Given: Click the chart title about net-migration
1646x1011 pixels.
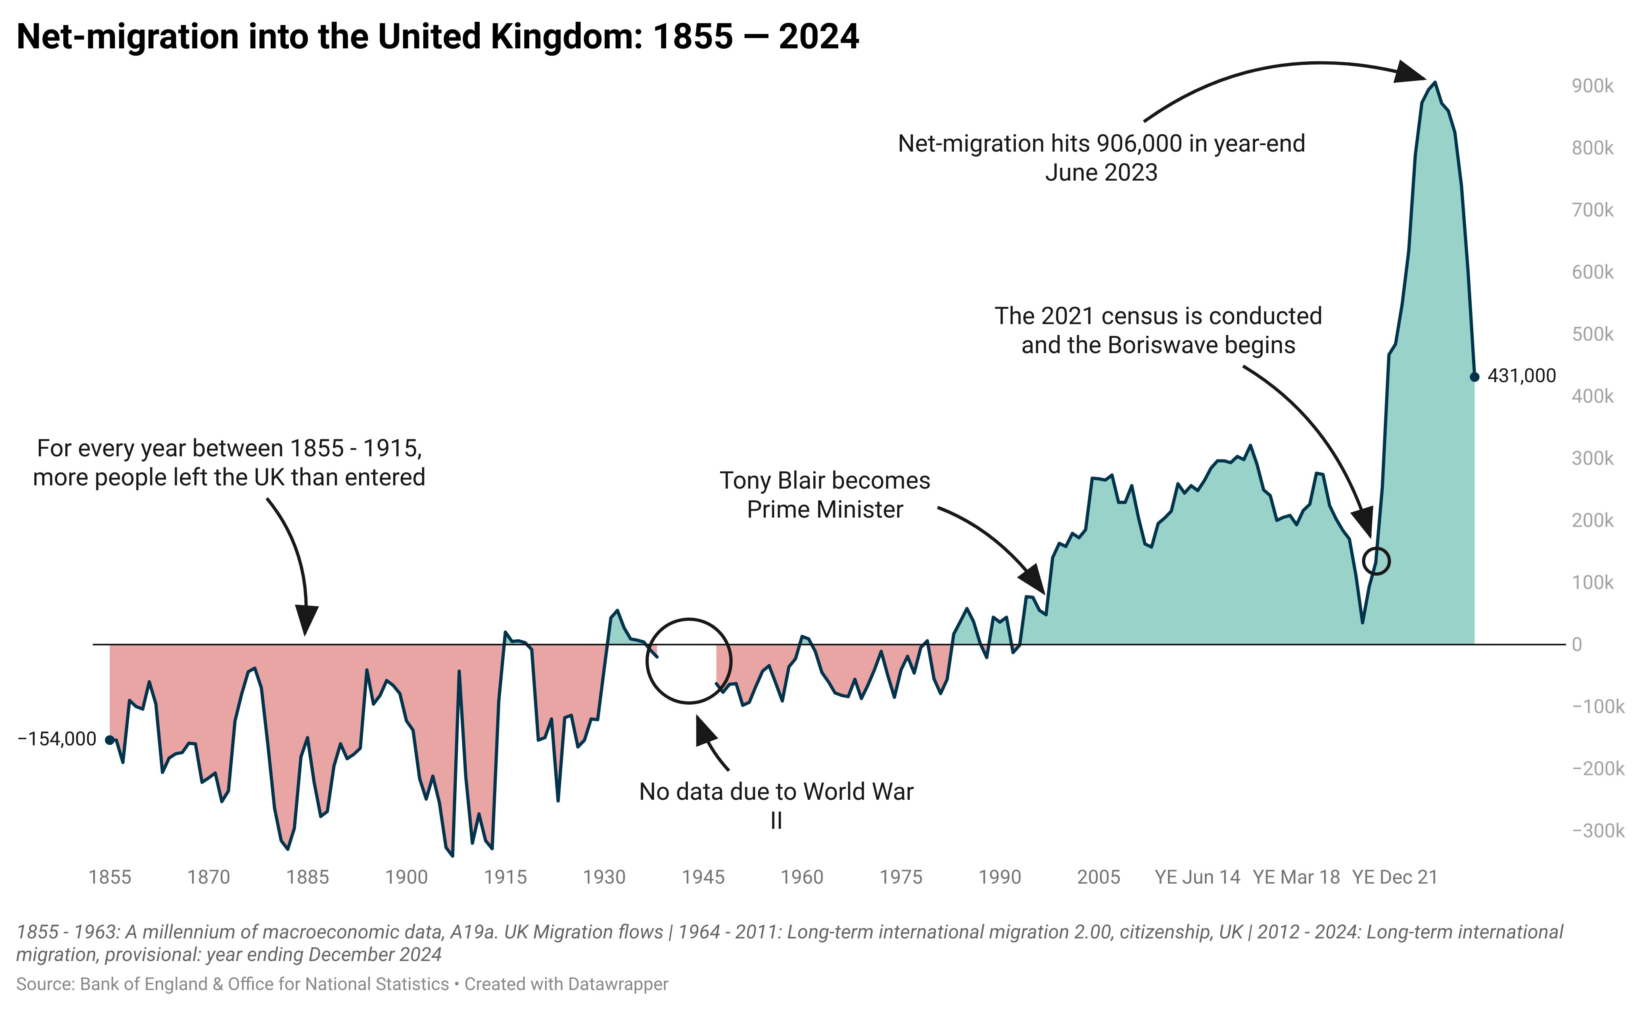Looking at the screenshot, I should (x=438, y=37).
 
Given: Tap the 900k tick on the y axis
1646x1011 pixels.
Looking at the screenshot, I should (x=1592, y=86).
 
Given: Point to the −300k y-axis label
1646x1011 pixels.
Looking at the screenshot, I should (x=1598, y=830).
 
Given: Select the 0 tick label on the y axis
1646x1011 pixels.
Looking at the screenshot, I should (x=1577, y=645).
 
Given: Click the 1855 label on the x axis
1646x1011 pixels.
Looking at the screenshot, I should (x=110, y=877).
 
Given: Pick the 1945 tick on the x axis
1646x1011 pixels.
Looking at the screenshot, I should (x=703, y=877).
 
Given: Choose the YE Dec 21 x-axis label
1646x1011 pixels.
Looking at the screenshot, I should (x=1395, y=877).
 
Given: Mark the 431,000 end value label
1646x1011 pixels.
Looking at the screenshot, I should (x=1522, y=376).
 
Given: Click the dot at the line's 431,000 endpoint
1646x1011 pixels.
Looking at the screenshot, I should (x=1474, y=377).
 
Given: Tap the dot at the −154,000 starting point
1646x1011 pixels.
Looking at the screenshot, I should (x=110, y=740).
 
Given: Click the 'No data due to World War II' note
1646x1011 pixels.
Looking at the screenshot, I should (x=776, y=805).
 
